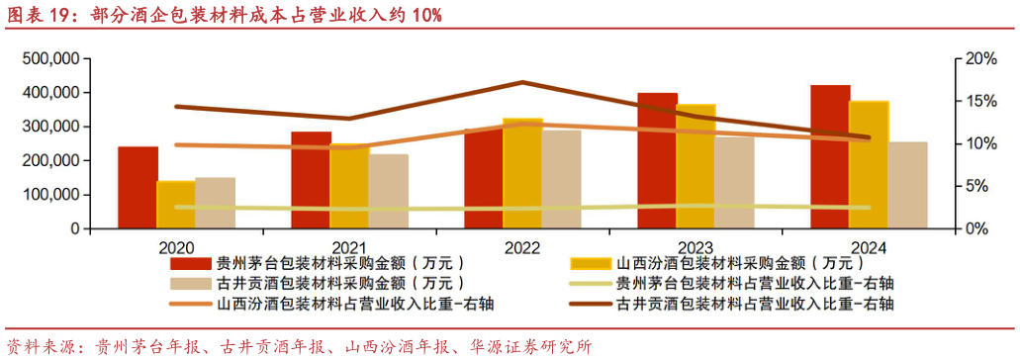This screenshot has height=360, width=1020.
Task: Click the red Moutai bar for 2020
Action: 139,188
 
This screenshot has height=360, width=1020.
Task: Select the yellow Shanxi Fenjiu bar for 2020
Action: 176,205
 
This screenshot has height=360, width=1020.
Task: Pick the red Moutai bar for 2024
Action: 830,157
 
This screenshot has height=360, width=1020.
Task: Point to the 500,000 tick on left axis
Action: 49,59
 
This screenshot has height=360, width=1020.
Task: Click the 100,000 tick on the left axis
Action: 49,195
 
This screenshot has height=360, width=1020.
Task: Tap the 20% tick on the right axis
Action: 981,59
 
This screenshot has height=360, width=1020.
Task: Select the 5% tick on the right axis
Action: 977,186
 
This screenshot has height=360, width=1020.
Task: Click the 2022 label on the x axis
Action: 522,247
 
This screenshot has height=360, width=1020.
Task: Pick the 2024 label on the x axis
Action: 868,247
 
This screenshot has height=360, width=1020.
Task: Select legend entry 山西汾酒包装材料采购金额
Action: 733,264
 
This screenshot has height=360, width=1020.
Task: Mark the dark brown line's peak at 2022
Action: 522,82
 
